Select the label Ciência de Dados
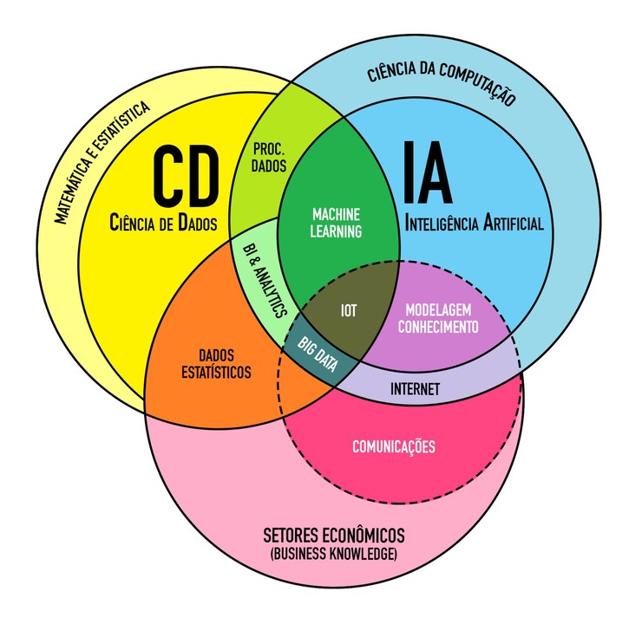164,224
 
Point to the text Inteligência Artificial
475,224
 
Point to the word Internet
415,387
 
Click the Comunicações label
394,447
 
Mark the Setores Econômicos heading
333,534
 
